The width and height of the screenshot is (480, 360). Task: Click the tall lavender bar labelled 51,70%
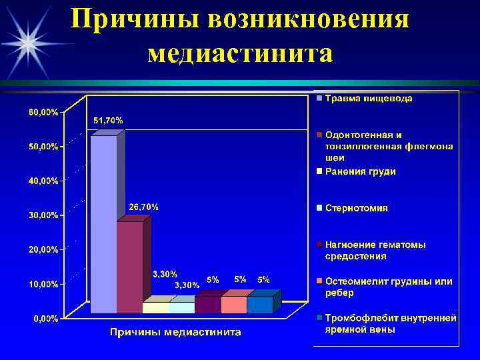tap(103, 223)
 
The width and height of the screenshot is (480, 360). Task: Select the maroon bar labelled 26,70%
tap(130, 267)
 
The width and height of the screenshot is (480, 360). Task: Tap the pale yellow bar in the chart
tap(155, 307)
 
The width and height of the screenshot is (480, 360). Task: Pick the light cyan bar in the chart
tap(181, 307)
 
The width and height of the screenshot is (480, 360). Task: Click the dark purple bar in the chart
tap(207, 305)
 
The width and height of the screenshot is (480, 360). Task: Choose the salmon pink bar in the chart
tap(233, 305)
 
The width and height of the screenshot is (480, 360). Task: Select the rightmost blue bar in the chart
tap(259, 305)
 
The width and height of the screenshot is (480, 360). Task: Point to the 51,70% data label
tap(107, 120)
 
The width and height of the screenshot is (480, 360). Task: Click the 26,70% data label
tap(143, 207)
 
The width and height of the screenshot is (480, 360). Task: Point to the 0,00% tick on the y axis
tap(46, 319)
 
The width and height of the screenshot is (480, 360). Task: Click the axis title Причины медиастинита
tap(175, 332)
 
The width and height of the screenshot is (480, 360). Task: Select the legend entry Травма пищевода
tap(368, 99)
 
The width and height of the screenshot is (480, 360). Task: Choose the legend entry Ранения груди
tap(360, 171)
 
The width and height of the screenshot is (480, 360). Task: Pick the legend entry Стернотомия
tap(356, 208)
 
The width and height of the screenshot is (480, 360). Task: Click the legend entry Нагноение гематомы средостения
tap(375, 250)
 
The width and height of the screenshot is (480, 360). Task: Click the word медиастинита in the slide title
tap(241, 52)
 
